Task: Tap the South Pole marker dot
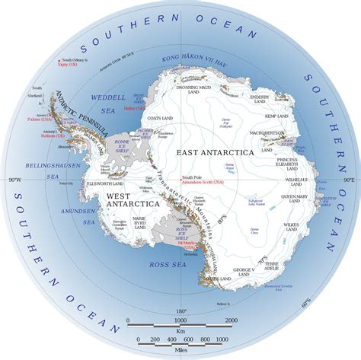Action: [181, 179]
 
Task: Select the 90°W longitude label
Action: [13, 180]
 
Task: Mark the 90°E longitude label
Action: [347, 180]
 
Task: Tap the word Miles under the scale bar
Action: [180, 352]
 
